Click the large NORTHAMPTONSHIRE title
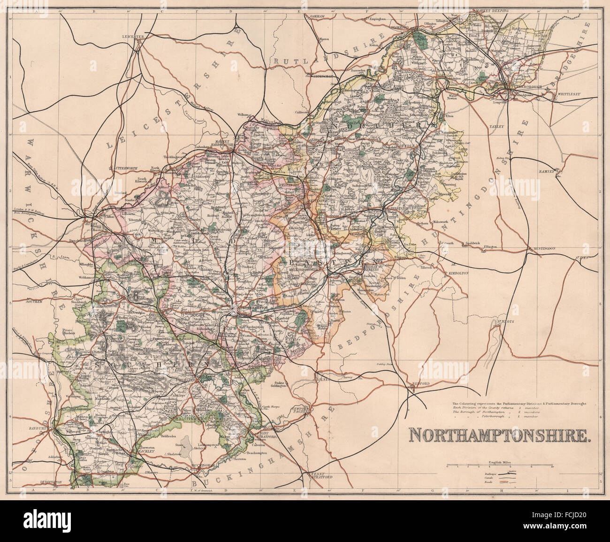tap(500, 435)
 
